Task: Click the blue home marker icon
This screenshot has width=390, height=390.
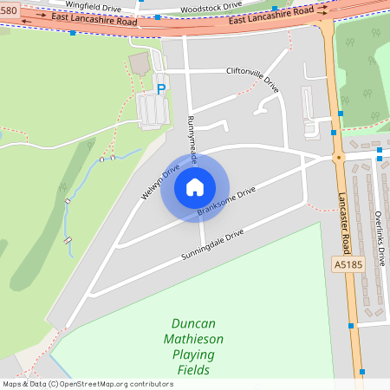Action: pyautogui.click(x=195, y=187)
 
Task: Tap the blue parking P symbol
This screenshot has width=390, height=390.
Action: pyautogui.click(x=160, y=88)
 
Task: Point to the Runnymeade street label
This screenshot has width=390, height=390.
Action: pyautogui.click(x=194, y=140)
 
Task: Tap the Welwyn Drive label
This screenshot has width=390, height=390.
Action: pyautogui.click(x=160, y=181)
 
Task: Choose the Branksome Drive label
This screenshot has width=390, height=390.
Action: pyautogui.click(x=226, y=202)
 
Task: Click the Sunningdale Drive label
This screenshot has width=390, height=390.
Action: pyautogui.click(x=212, y=245)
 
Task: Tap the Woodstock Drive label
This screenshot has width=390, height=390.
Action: pyautogui.click(x=211, y=7)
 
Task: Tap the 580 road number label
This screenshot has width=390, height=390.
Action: pyautogui.click(x=8, y=10)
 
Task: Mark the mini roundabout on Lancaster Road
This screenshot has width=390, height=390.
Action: pyautogui.click(x=338, y=159)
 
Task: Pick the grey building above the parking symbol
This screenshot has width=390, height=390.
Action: pyautogui.click(x=139, y=63)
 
